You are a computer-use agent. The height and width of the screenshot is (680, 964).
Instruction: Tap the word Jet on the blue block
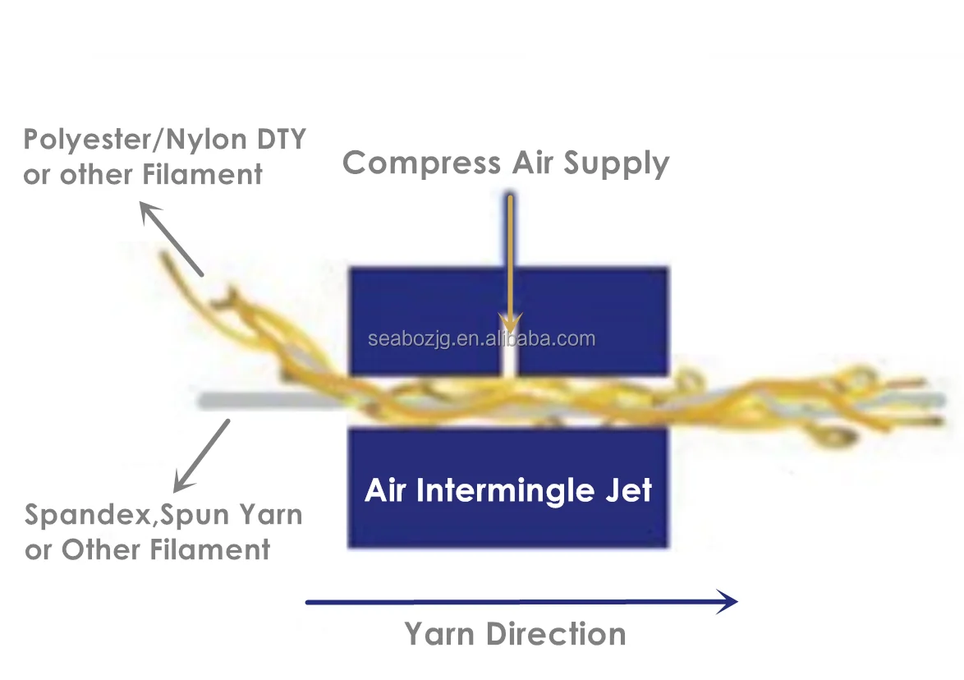click(627, 489)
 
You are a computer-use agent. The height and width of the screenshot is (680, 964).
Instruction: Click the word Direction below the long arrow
click(556, 635)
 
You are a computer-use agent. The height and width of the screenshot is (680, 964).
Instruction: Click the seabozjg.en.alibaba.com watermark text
click(481, 338)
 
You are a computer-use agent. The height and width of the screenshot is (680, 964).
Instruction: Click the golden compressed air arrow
click(510, 263)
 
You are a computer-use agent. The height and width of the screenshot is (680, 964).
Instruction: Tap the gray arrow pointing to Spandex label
click(202, 456)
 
